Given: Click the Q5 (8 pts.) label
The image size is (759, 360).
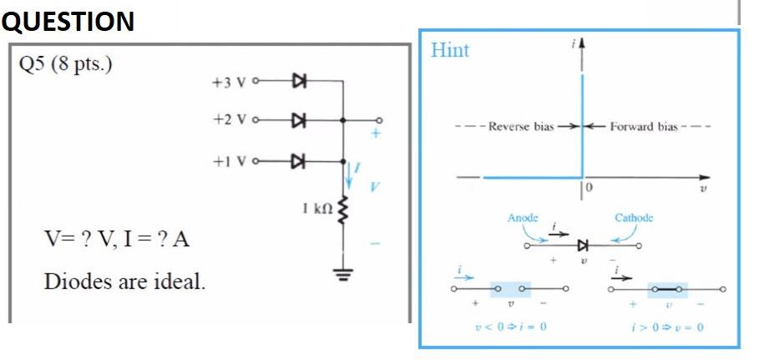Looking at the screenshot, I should coord(65,64).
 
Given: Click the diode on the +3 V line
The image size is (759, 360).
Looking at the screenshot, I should coord(297,82).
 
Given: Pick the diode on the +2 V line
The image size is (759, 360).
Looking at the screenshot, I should coord(297,119).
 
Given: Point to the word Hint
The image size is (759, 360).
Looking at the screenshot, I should coord(450,50).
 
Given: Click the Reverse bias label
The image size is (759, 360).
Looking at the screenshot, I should coord(520,127).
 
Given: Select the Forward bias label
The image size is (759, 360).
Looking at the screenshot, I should coord(644,127).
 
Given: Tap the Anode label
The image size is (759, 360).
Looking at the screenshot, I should coord(523,218).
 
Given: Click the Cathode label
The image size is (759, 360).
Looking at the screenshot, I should coord(633,218).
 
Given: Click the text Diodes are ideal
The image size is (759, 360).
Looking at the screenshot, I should coord(124,280).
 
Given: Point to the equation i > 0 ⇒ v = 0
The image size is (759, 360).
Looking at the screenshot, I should coord(668,327).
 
